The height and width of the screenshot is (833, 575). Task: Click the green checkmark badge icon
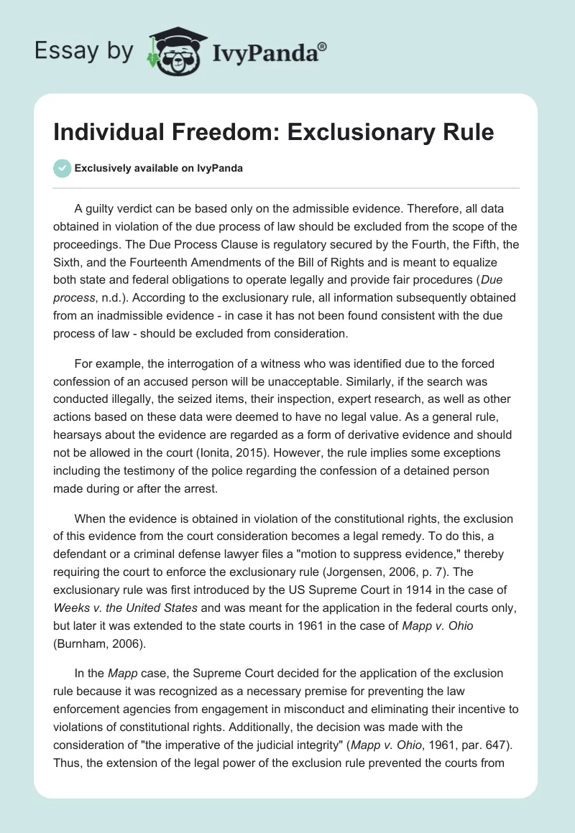pos(62,169)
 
